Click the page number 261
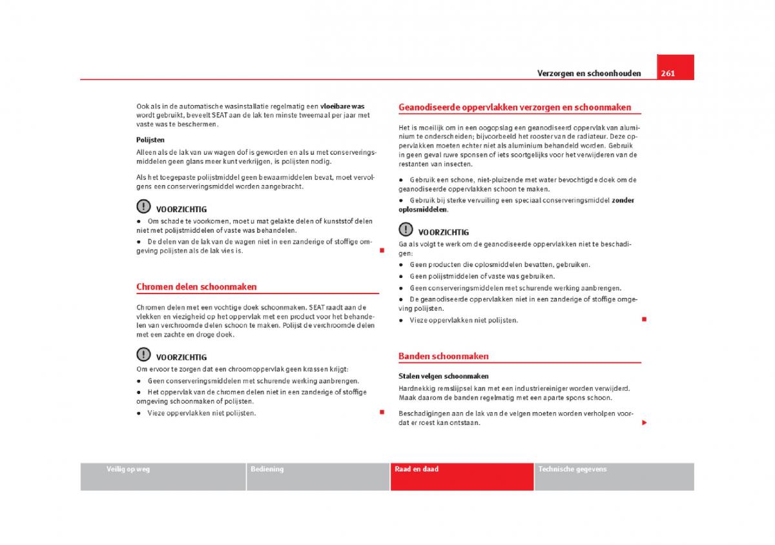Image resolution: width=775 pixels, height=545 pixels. (x=668, y=73)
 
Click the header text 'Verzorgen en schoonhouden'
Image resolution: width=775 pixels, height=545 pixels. (x=589, y=74)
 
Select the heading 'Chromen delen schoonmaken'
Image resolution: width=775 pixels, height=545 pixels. (x=196, y=287)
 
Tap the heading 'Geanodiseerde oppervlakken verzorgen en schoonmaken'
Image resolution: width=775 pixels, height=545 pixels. (x=515, y=108)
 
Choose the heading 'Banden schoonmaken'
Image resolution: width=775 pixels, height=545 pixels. (x=443, y=356)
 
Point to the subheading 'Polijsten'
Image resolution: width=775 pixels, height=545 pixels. (x=150, y=139)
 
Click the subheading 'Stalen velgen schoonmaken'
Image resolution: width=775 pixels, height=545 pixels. (x=443, y=376)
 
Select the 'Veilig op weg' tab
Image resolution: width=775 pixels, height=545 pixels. (x=128, y=470)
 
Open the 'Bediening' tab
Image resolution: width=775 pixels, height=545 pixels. (x=267, y=470)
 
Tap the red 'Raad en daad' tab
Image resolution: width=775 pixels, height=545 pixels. (x=417, y=470)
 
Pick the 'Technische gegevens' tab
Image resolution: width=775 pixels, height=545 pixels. (x=572, y=470)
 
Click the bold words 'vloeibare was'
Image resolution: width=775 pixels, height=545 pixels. (x=342, y=106)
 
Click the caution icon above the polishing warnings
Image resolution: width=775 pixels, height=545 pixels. (x=143, y=207)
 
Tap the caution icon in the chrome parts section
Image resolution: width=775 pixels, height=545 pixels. (x=143, y=355)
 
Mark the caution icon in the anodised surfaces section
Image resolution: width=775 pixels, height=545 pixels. (x=405, y=230)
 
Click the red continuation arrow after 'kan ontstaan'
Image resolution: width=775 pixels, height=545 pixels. (x=644, y=422)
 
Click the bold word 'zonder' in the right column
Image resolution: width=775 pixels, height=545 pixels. (x=623, y=200)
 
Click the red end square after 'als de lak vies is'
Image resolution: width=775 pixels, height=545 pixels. (x=382, y=250)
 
